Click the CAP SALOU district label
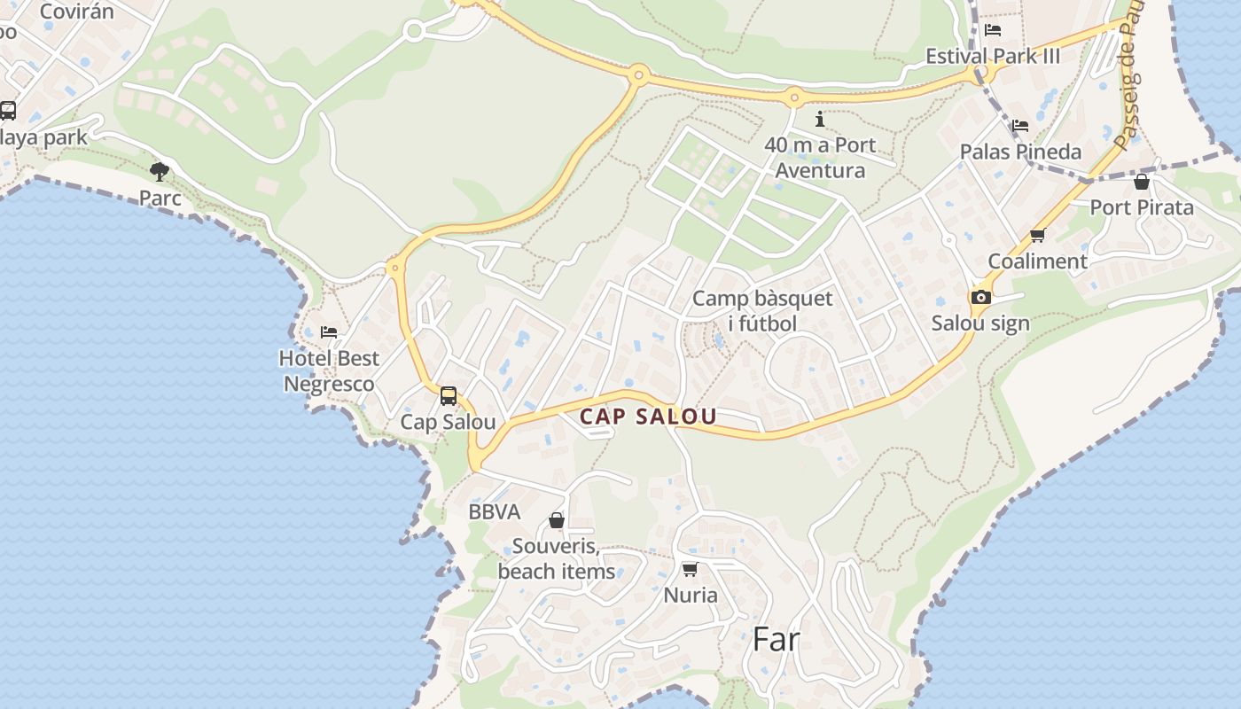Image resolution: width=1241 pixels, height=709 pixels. point(647,417)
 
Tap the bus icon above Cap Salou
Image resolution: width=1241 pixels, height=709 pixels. point(449,395)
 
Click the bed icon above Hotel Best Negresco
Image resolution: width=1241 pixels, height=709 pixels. point(329,332)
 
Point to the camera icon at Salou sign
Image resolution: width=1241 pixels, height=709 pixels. point(980,297)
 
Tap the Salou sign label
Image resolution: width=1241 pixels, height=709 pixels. point(980,323)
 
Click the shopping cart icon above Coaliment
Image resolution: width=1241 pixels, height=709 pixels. point(1037,236)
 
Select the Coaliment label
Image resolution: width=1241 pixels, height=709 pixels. point(1037,261)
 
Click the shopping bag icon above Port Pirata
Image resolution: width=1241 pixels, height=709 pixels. point(1142,182)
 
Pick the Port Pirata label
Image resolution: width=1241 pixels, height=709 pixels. point(1142,207)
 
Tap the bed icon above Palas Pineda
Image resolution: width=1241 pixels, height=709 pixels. point(1020,126)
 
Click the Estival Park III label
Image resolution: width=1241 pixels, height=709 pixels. point(993,57)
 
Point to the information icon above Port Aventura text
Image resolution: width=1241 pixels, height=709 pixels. point(820,119)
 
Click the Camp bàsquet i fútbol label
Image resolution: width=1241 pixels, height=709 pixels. point(762,310)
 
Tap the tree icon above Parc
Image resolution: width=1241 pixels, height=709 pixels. point(160,171)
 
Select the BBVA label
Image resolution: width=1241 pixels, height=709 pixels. point(494,512)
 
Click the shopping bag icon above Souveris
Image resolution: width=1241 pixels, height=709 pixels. point(557,520)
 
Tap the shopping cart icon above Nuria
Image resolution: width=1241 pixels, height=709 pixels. point(690,569)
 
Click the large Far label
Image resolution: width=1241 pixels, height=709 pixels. point(776,639)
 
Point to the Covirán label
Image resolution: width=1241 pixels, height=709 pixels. point(77,12)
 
